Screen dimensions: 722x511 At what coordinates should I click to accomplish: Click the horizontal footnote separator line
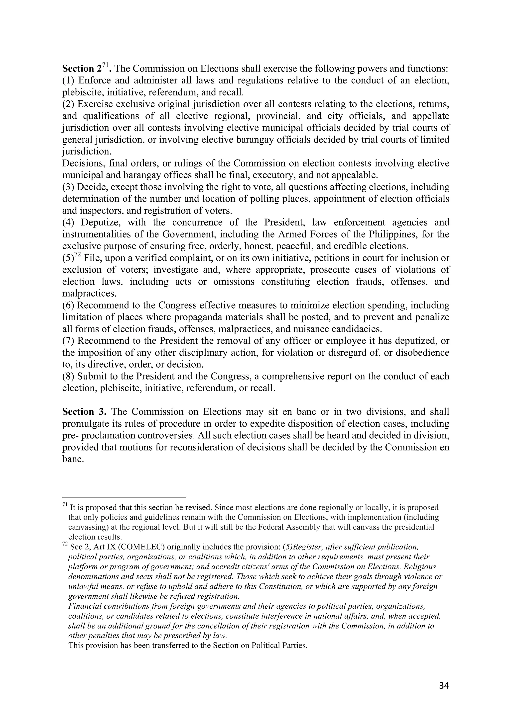(124, 497)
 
